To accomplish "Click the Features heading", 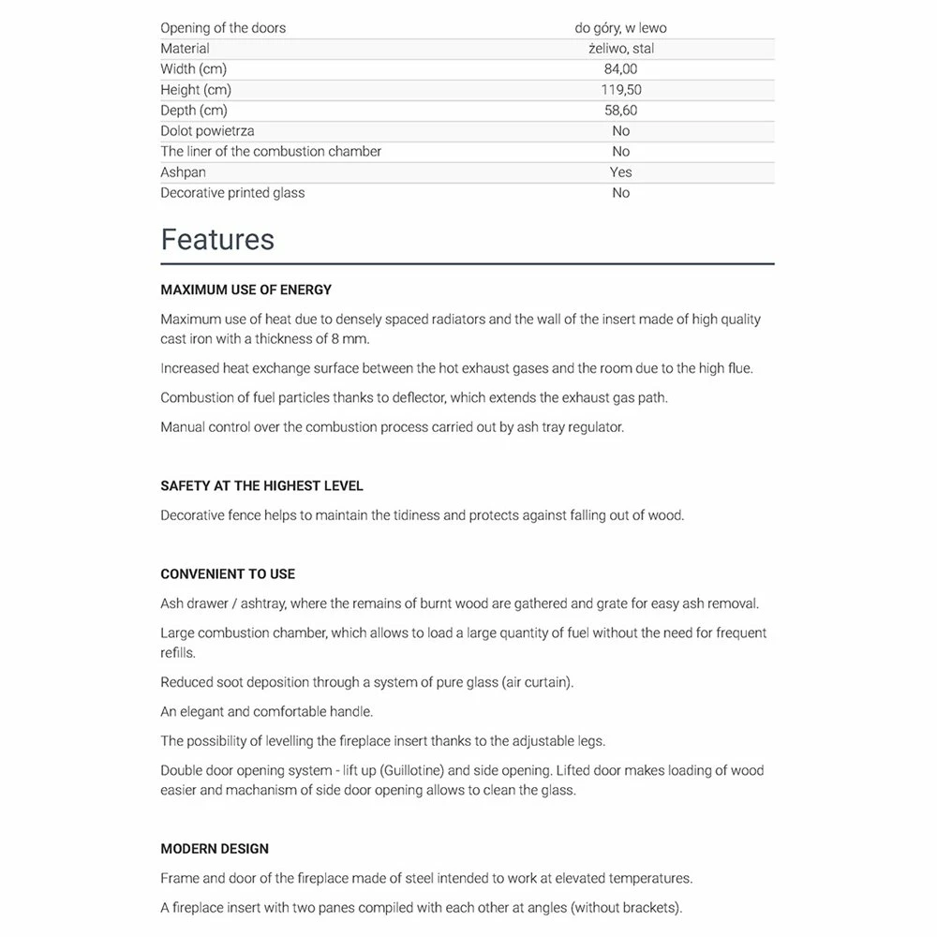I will [x=217, y=240].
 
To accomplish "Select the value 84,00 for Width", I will [x=620, y=69].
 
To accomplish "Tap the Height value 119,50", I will [x=620, y=90].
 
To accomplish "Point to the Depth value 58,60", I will [x=620, y=111].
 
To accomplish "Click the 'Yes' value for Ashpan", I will [x=620, y=172].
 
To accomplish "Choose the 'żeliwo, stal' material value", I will [x=620, y=49].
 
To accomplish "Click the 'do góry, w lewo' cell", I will [x=620, y=28].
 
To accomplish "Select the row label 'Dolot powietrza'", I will [x=207, y=131].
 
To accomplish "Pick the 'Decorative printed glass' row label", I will [x=232, y=193].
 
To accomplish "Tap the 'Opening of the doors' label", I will [x=223, y=28].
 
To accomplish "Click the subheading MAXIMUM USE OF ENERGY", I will [x=245, y=290].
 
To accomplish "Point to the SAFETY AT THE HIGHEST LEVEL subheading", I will [x=261, y=486].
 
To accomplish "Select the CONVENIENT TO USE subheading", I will [x=228, y=574].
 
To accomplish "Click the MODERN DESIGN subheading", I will [x=215, y=849].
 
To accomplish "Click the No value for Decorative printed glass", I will [x=620, y=193].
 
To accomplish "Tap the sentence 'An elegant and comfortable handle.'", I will [x=266, y=712].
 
